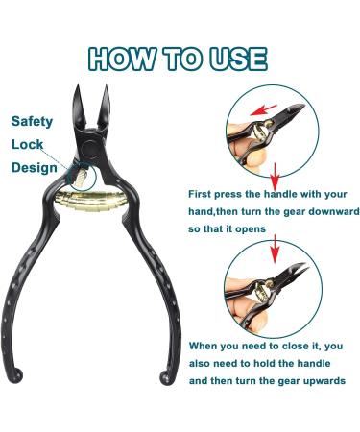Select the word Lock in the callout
tap(27, 144)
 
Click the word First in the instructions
tap(203, 194)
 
